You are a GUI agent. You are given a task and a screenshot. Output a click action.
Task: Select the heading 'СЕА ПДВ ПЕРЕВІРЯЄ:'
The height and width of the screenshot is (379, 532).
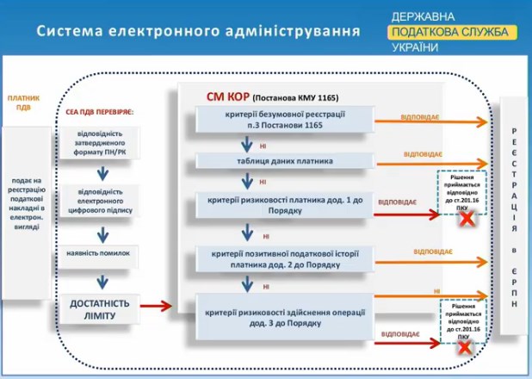(x=100, y=112)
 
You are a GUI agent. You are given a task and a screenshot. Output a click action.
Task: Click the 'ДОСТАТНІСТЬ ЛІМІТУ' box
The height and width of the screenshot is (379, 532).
(x=100, y=309)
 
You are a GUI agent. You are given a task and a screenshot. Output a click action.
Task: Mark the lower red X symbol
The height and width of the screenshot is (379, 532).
(x=466, y=348)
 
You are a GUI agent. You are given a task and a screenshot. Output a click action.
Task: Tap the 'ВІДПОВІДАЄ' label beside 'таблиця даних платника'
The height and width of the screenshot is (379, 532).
(x=423, y=154)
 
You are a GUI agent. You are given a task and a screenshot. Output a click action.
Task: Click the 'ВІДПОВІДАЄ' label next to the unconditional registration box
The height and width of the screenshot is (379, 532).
(x=423, y=115)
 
